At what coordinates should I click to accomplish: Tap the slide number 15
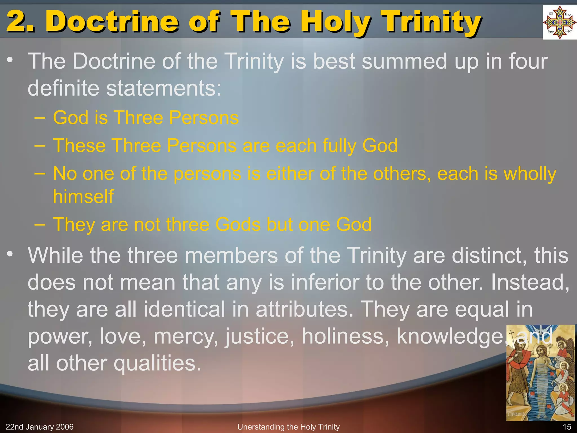[x=567, y=427]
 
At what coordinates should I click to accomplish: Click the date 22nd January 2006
[x=39, y=427]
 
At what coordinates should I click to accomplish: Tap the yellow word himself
[x=83, y=196]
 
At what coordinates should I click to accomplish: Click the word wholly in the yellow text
[x=530, y=174]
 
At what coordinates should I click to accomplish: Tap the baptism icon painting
[x=540, y=373]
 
